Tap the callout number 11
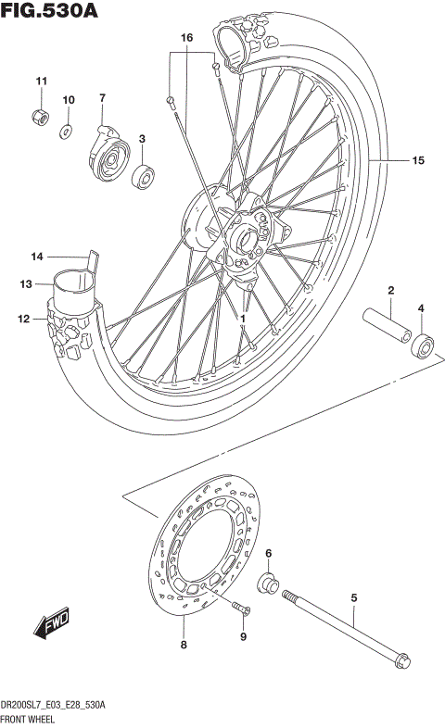point(40,82)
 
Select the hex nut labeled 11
point(40,117)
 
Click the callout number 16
point(186,38)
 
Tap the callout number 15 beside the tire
point(417,160)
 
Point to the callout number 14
point(37,257)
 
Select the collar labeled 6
point(269,584)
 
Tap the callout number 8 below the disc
point(183,645)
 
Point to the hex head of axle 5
point(400,661)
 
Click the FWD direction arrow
point(51,627)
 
